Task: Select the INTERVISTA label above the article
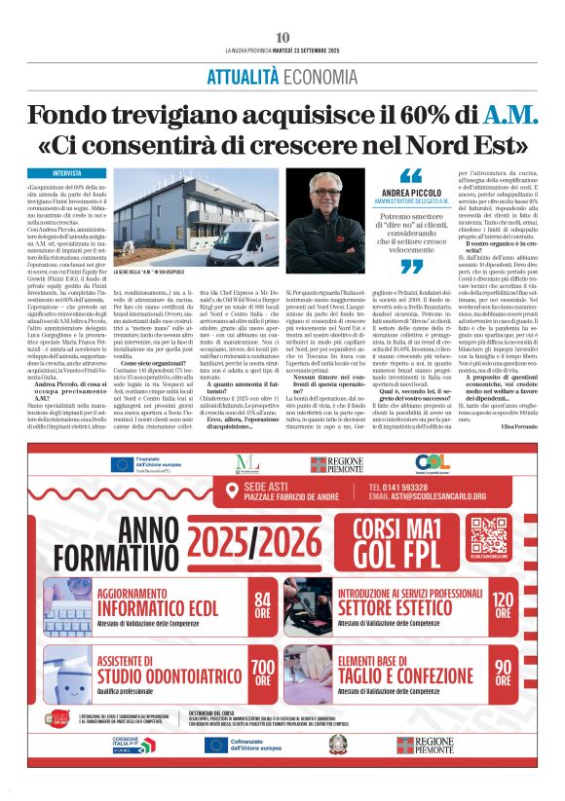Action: coord(67,172)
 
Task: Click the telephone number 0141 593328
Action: coord(409,486)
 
